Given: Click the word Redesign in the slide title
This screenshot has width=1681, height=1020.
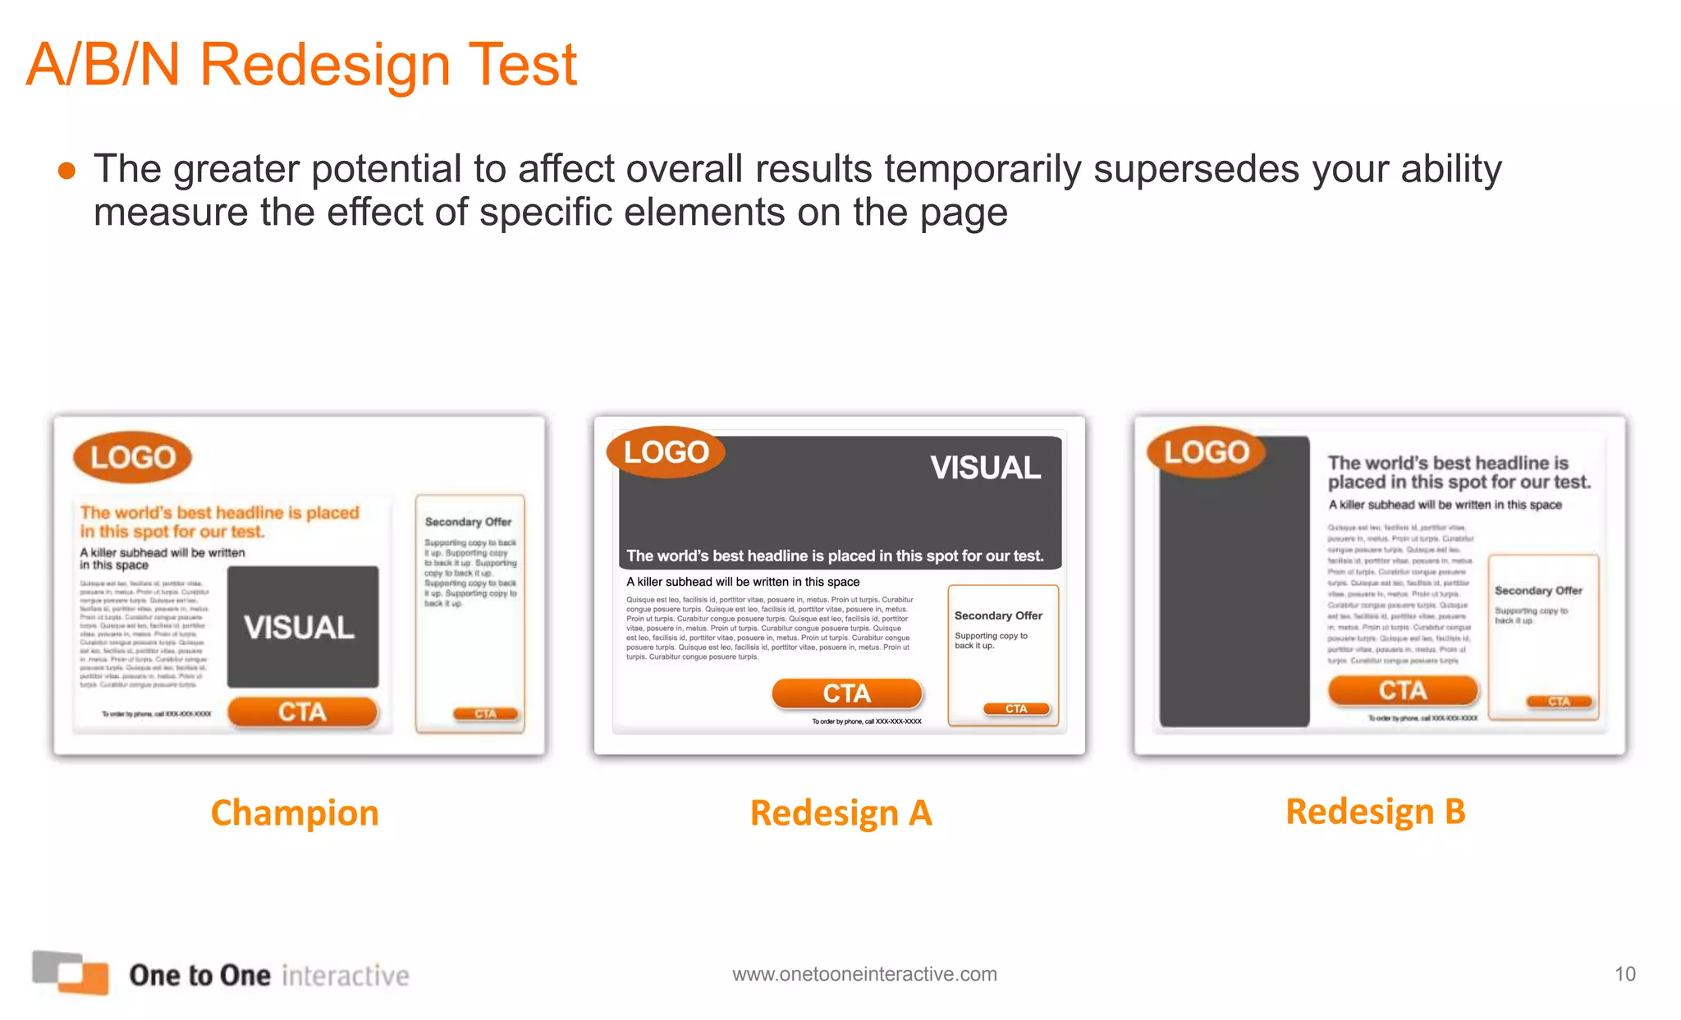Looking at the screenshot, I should (x=325, y=66).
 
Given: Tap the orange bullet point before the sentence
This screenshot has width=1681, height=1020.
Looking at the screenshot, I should (x=67, y=171).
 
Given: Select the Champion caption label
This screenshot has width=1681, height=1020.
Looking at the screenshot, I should (x=295, y=813).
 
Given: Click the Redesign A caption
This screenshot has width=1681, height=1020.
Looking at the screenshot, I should (x=840, y=813).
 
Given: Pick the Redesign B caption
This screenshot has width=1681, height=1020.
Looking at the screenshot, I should (x=1375, y=812).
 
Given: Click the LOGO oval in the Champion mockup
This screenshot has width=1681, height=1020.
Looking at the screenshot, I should (x=132, y=457).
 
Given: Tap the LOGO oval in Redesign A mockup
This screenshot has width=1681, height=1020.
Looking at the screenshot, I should (x=666, y=452).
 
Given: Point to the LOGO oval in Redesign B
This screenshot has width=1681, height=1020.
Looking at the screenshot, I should (x=1206, y=452).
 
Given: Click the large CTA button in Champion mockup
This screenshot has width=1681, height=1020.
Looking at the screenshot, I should (x=302, y=711).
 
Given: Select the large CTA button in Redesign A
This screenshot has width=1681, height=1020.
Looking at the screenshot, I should (x=846, y=693).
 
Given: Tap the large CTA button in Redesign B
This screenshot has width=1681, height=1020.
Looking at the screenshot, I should (x=1402, y=690).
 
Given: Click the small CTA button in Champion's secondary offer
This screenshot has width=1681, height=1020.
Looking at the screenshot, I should (x=486, y=714).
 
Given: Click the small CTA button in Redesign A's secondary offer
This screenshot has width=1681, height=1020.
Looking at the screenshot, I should (x=1016, y=709).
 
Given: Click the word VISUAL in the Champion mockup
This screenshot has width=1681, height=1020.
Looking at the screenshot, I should (x=300, y=628).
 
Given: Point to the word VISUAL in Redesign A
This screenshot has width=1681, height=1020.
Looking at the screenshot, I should (x=985, y=468).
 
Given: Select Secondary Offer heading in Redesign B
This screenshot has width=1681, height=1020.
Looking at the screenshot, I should (x=1537, y=591).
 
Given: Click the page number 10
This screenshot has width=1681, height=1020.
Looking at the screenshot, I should (x=1624, y=974).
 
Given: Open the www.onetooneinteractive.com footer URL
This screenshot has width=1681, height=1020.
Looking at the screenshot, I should (x=864, y=974).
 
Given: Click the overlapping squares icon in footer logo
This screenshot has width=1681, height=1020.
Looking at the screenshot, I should (x=71, y=972).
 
